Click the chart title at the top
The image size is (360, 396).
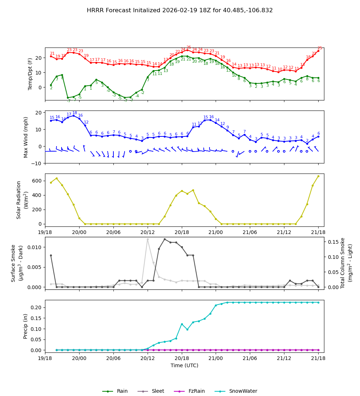click(180, 10)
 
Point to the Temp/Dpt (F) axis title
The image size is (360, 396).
click(31, 74)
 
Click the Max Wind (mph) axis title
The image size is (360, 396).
click(26, 137)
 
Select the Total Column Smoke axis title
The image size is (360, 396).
click(343, 263)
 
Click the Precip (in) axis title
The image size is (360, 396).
click(26, 326)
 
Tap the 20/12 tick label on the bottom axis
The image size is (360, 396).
click(148, 359)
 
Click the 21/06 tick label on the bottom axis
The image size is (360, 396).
click(250, 359)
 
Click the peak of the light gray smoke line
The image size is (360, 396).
click(148, 239)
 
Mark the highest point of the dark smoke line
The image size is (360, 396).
click(165, 239)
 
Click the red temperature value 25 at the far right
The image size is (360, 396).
click(320, 48)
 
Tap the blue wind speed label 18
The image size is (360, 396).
click(75, 113)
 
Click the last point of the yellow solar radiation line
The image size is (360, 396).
click(318, 176)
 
